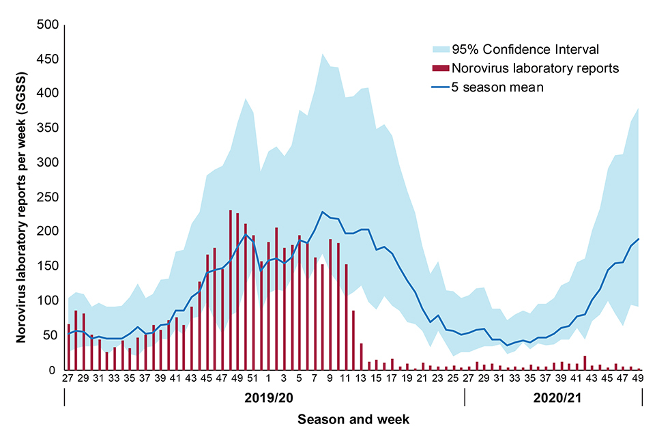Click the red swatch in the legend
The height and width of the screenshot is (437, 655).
pyautogui.click(x=441, y=68)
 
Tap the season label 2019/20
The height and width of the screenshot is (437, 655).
pyautogui.click(x=263, y=397)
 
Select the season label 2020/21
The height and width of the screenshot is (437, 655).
pyautogui.click(x=553, y=397)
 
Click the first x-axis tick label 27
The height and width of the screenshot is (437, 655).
pyautogui.click(x=68, y=378)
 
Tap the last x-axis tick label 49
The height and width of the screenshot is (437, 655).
pyautogui.click(x=639, y=378)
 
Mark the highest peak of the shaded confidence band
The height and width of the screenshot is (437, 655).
pyautogui.click(x=322, y=54)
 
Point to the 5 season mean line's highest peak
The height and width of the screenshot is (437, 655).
pyautogui.click(x=322, y=212)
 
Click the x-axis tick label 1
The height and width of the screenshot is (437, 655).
pyautogui.click(x=268, y=378)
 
